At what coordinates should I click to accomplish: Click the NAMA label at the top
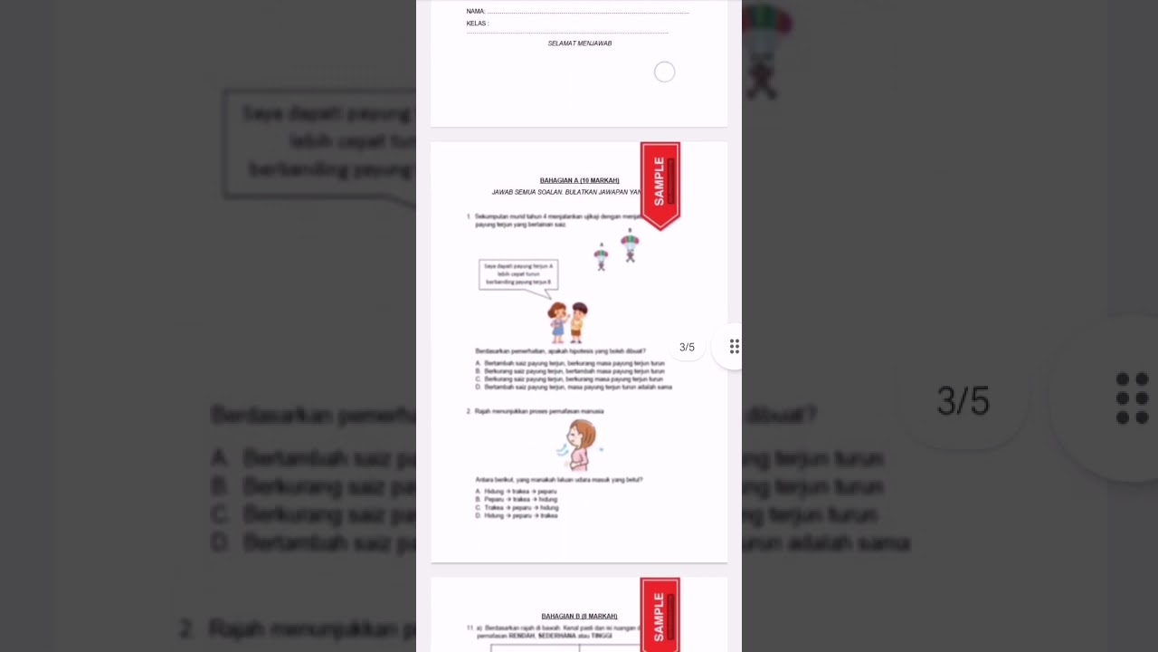[x=476, y=12]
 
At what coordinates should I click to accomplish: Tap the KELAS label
[x=477, y=24]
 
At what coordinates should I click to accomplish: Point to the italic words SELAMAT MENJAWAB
[x=580, y=43]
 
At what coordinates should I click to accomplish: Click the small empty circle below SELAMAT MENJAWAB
[x=664, y=72]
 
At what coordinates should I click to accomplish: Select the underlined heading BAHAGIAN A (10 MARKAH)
[x=579, y=180]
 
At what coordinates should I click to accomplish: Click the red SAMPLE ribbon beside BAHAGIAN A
[x=660, y=184]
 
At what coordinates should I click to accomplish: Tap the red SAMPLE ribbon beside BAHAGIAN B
[x=660, y=614]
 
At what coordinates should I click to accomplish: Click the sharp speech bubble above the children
[x=518, y=274]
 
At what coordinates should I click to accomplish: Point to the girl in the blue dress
[x=558, y=322]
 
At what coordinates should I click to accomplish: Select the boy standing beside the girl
[x=578, y=321]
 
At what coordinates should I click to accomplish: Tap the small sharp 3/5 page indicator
[x=687, y=348]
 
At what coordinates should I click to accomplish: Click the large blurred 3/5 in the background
[x=963, y=401]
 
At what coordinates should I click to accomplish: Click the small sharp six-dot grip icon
[x=735, y=347]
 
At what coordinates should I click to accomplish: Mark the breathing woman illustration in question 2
[x=580, y=445]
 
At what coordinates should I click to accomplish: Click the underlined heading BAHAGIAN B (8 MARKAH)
[x=579, y=616]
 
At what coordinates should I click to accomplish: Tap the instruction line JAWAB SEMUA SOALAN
[x=566, y=192]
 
